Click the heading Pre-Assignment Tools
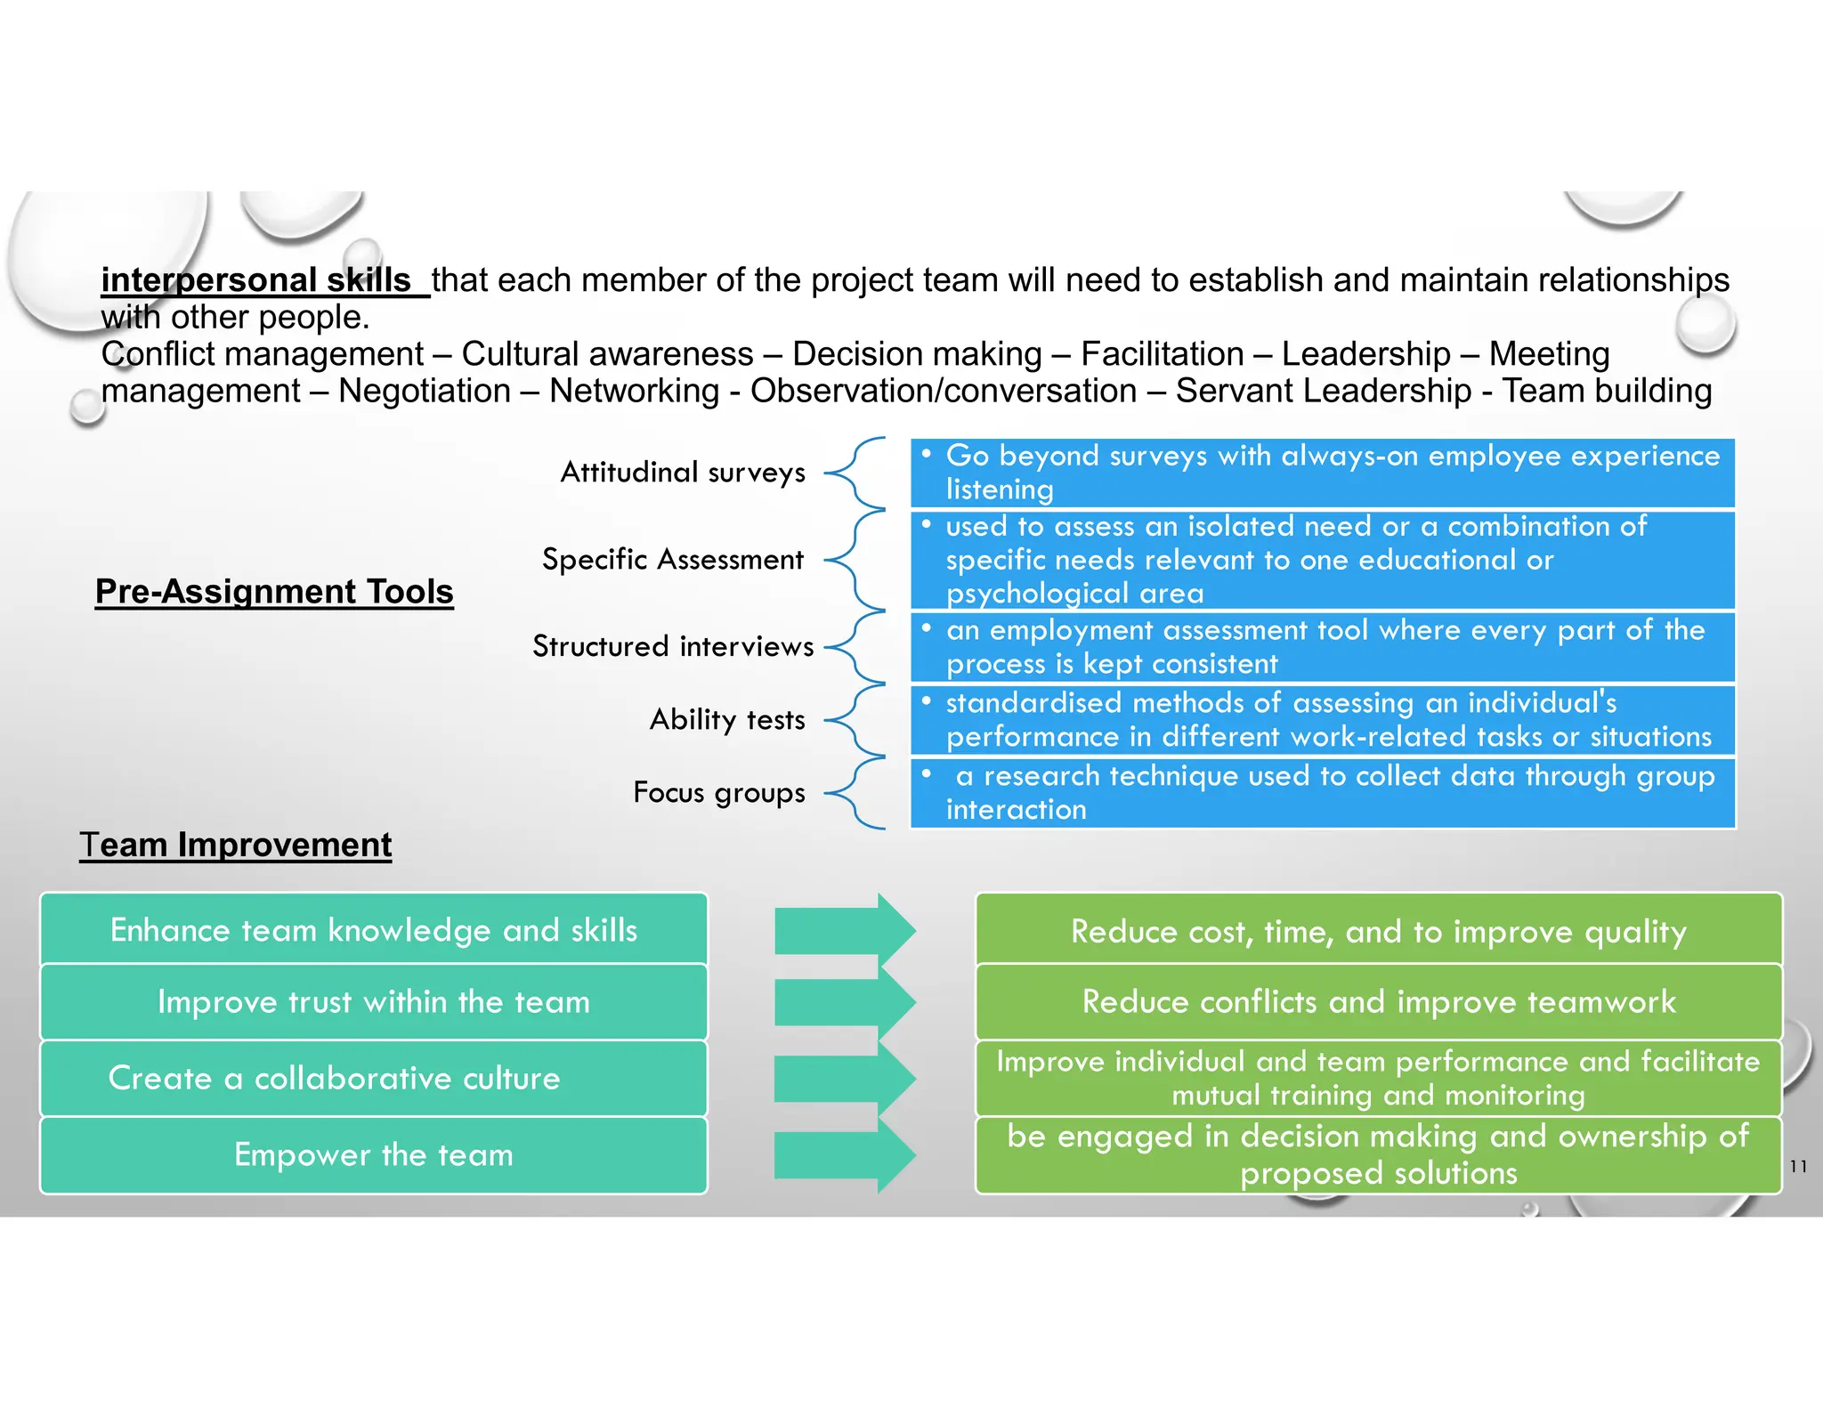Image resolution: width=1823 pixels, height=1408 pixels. (x=274, y=592)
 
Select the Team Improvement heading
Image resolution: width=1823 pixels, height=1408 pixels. (x=236, y=845)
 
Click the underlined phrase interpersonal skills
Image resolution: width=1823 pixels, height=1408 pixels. (x=256, y=280)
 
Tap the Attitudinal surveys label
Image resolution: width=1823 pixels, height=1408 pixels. (x=683, y=472)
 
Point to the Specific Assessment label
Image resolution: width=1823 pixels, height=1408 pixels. (x=673, y=559)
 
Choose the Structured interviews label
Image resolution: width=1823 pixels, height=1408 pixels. (x=673, y=646)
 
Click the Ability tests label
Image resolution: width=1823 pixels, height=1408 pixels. (x=727, y=719)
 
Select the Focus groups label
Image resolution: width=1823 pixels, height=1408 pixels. (x=719, y=792)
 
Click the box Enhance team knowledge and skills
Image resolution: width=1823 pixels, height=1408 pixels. (x=374, y=929)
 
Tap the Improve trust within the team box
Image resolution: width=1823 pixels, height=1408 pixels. (x=374, y=1002)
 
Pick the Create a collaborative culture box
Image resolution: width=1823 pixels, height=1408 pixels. (x=374, y=1078)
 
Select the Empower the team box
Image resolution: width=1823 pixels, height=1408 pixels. (x=374, y=1154)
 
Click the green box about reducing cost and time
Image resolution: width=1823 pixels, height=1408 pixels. (x=1379, y=931)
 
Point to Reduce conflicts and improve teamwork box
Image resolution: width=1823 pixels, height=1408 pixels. (x=1379, y=1002)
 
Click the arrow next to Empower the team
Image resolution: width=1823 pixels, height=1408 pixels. (x=844, y=1155)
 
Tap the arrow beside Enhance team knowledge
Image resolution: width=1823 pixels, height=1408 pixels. (x=844, y=931)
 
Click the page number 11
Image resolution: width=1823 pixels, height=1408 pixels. (x=1798, y=1166)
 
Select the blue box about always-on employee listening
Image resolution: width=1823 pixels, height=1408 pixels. (x=1323, y=473)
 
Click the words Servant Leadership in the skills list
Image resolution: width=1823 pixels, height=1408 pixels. (x=1324, y=391)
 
